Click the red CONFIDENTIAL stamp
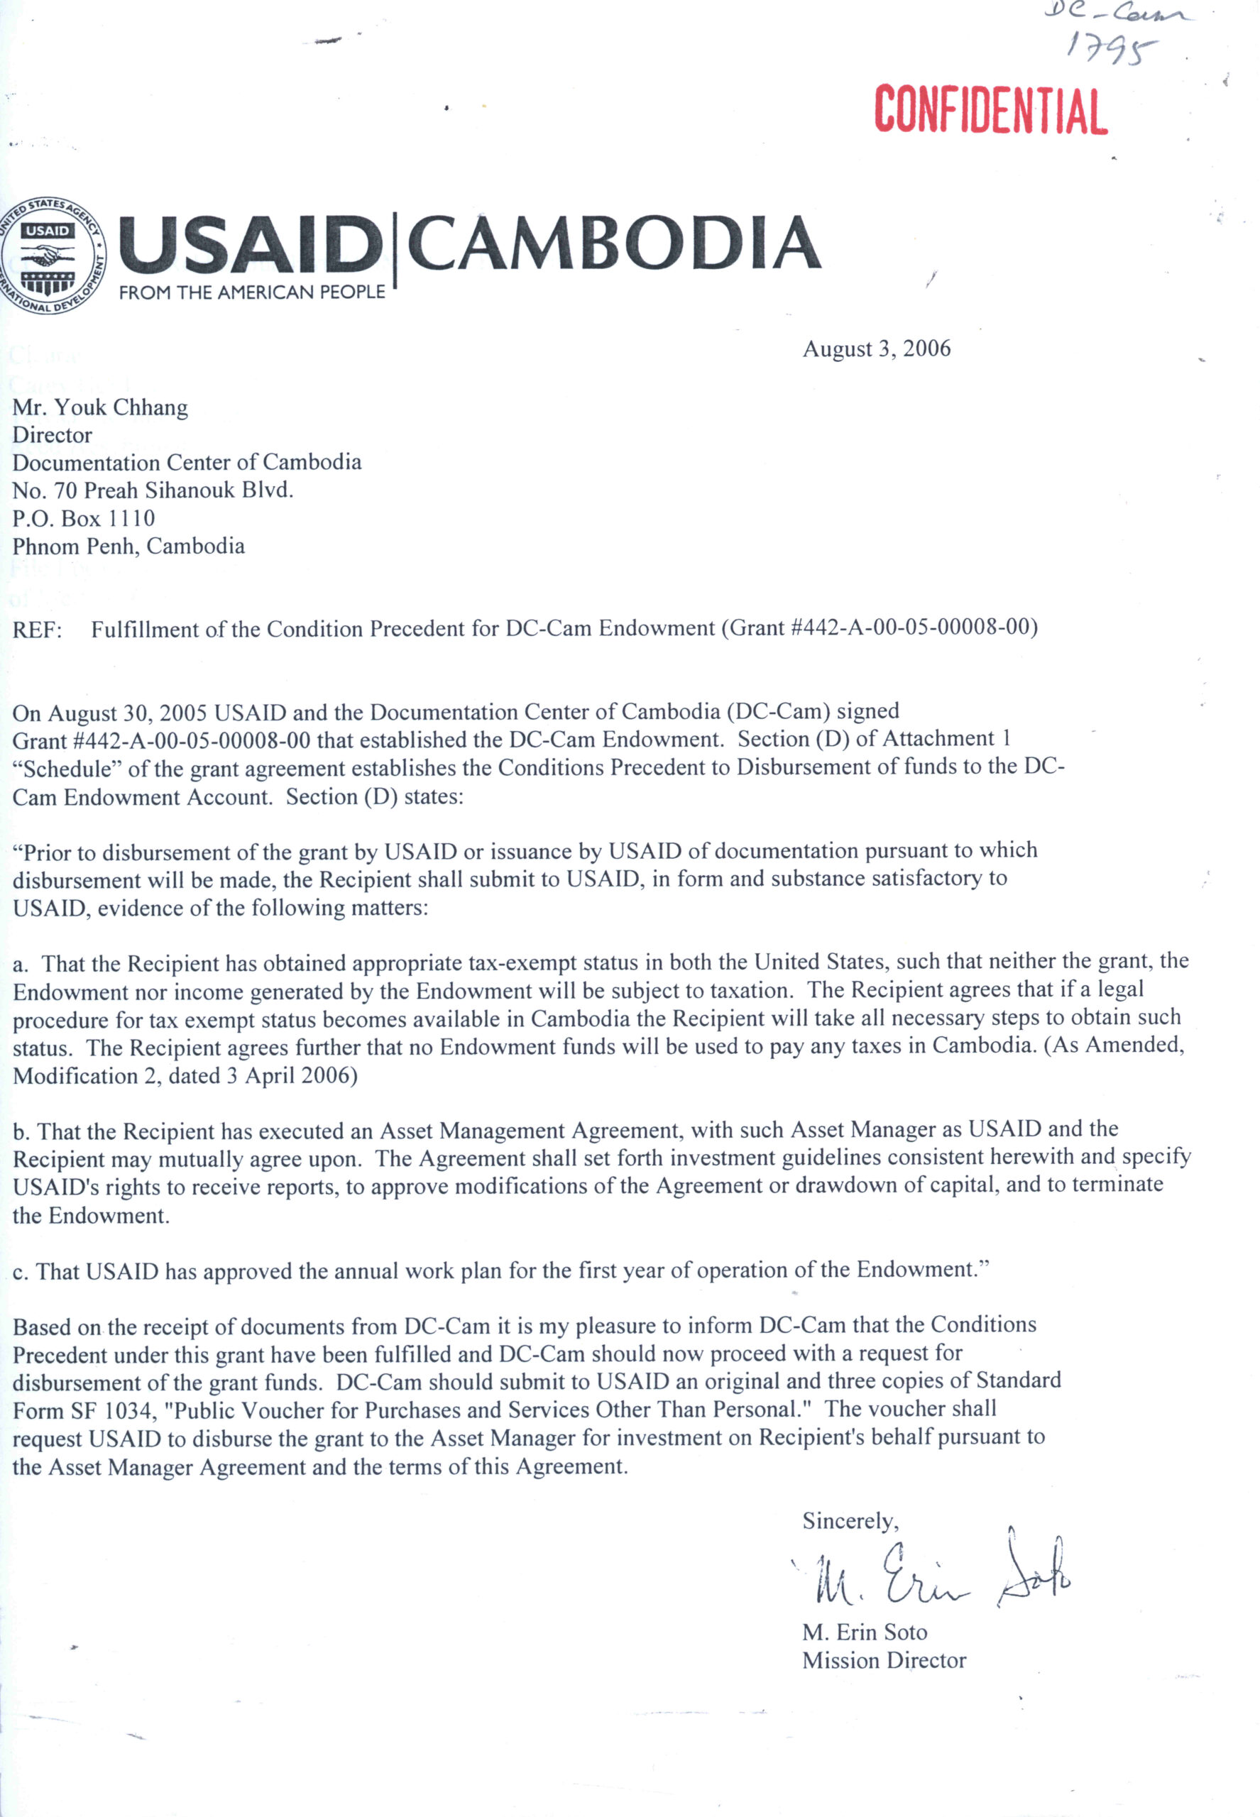pos(991,110)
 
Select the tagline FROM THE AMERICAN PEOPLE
pos(252,292)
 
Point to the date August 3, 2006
pos(876,349)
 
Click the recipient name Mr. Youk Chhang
pos(100,407)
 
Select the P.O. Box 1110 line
pos(84,518)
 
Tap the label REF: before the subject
pos(37,629)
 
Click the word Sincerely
pos(850,1520)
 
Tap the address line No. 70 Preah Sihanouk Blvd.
pos(153,490)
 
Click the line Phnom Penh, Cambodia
pos(128,547)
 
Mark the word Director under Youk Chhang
pos(52,435)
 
